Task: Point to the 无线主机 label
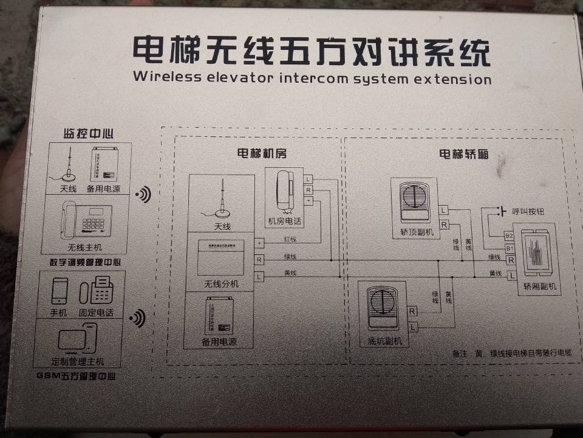tap(85, 248)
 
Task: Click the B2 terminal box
tap(509, 235)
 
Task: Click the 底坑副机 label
tap(385, 341)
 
